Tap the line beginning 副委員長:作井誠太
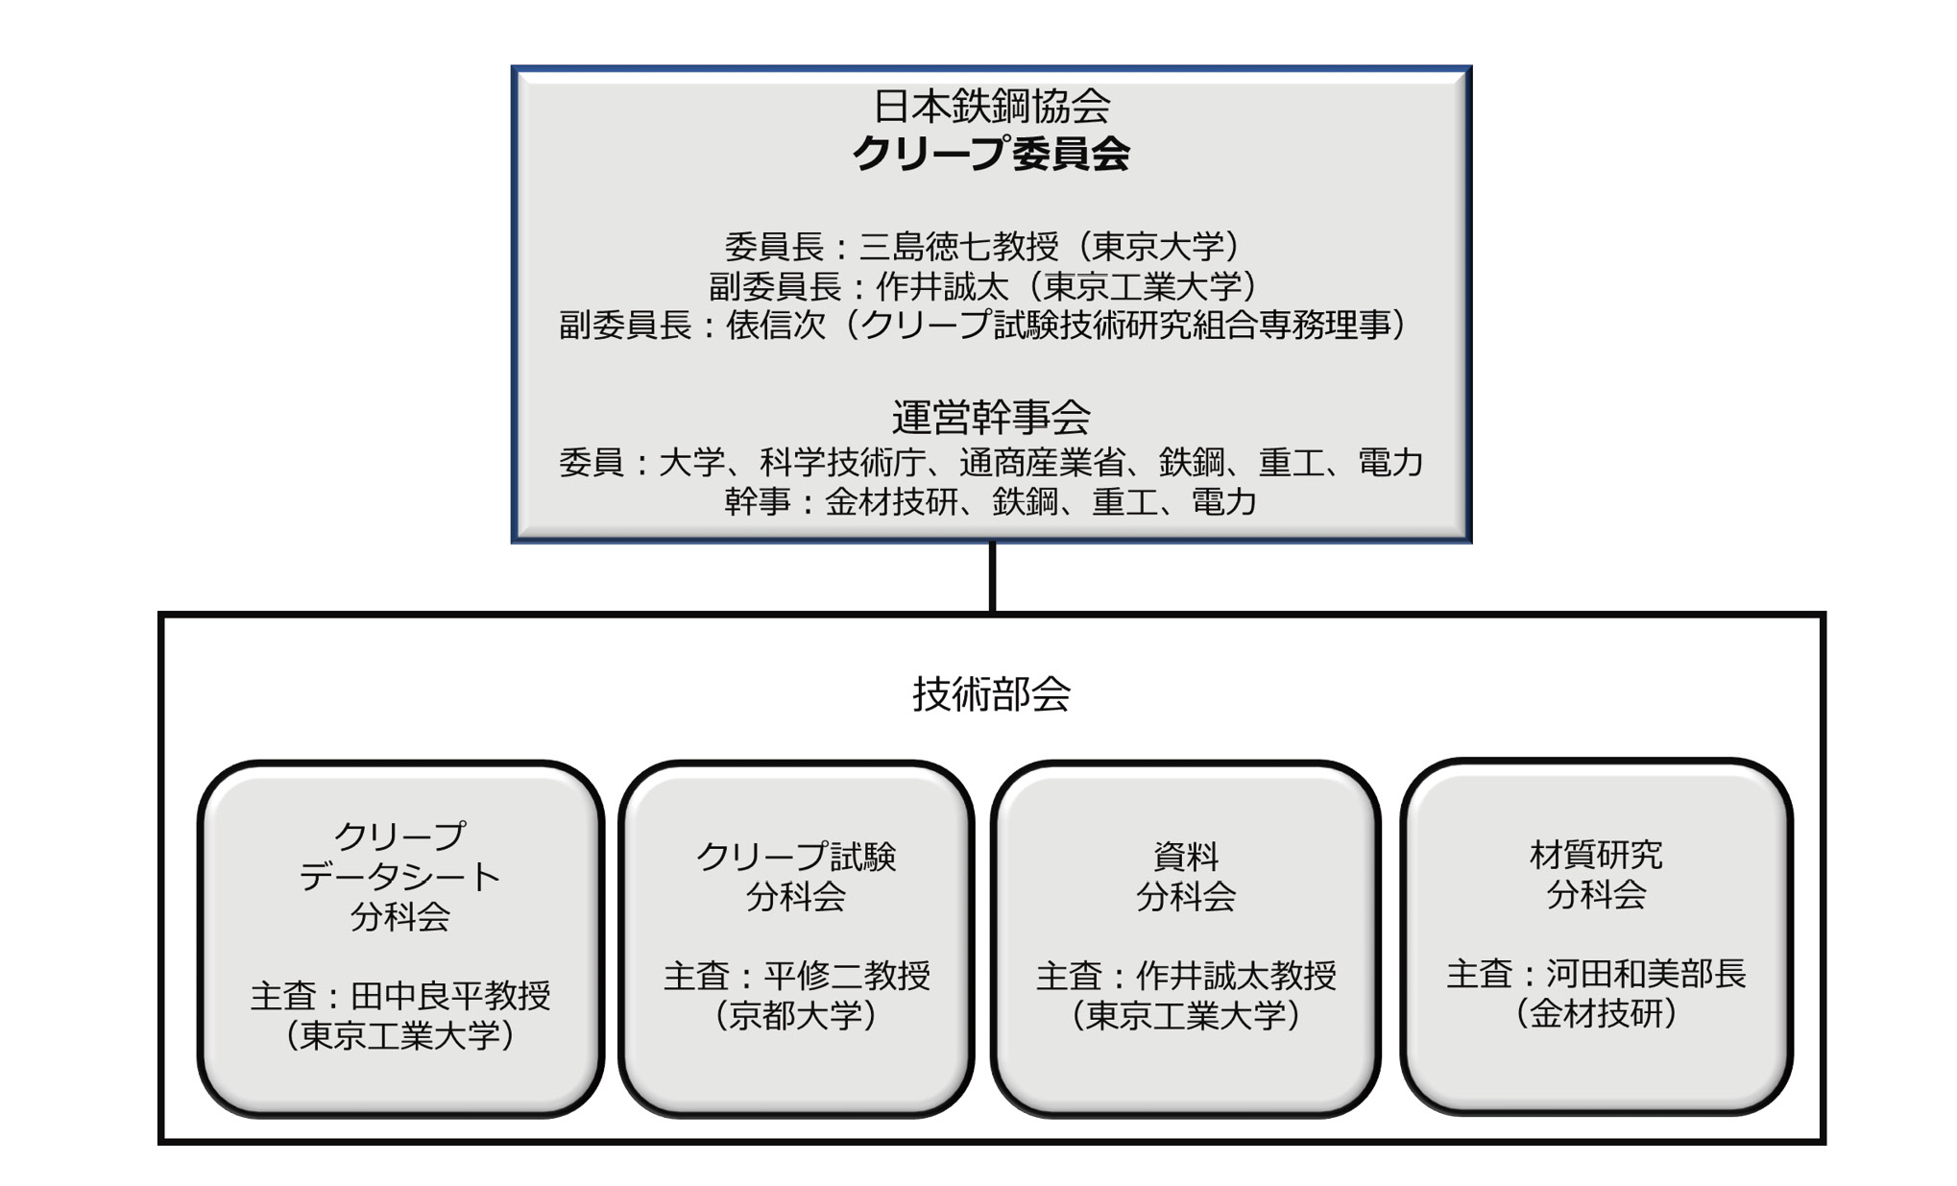coord(982,286)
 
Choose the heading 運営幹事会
coord(991,417)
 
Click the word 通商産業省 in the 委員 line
coord(1041,463)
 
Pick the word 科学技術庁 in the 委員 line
coord(842,463)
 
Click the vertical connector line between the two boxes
coord(992,577)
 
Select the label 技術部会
coord(991,693)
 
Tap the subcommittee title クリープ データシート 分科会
coord(399,876)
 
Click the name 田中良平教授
coord(449,996)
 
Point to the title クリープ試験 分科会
coord(795,876)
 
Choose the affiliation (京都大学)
coord(795,1015)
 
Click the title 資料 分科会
coord(1185,876)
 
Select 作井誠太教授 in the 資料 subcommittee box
coord(1236,977)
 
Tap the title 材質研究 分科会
coord(1595,874)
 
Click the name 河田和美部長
coord(1645,975)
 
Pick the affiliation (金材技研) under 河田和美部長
coord(1595,1013)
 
